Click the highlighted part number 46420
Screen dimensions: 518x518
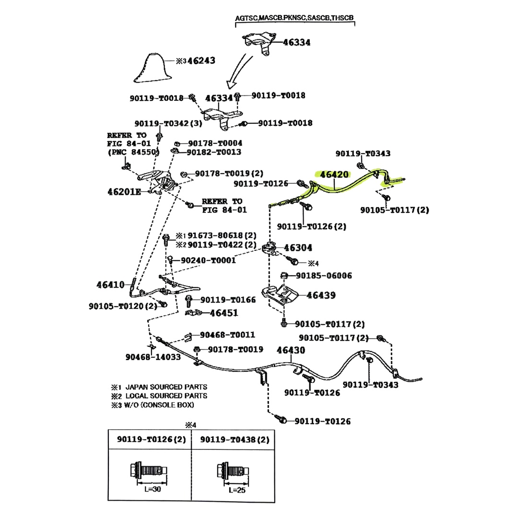point(334,175)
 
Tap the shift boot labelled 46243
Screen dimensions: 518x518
point(154,70)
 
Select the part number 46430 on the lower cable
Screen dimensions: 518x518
point(290,351)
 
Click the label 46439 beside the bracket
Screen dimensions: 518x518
point(321,295)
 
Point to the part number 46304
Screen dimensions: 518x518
point(298,247)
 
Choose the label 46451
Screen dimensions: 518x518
point(224,313)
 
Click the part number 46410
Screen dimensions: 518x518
point(110,284)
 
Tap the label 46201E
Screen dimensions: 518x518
point(124,192)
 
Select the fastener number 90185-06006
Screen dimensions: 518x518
point(324,276)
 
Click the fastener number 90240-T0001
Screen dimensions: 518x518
point(208,260)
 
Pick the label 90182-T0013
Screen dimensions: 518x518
point(214,152)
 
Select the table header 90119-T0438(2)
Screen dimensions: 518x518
point(235,439)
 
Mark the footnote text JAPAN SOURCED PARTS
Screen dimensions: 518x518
point(166,387)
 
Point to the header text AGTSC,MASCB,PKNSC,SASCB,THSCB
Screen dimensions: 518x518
point(294,18)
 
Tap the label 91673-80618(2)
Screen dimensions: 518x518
point(223,235)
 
